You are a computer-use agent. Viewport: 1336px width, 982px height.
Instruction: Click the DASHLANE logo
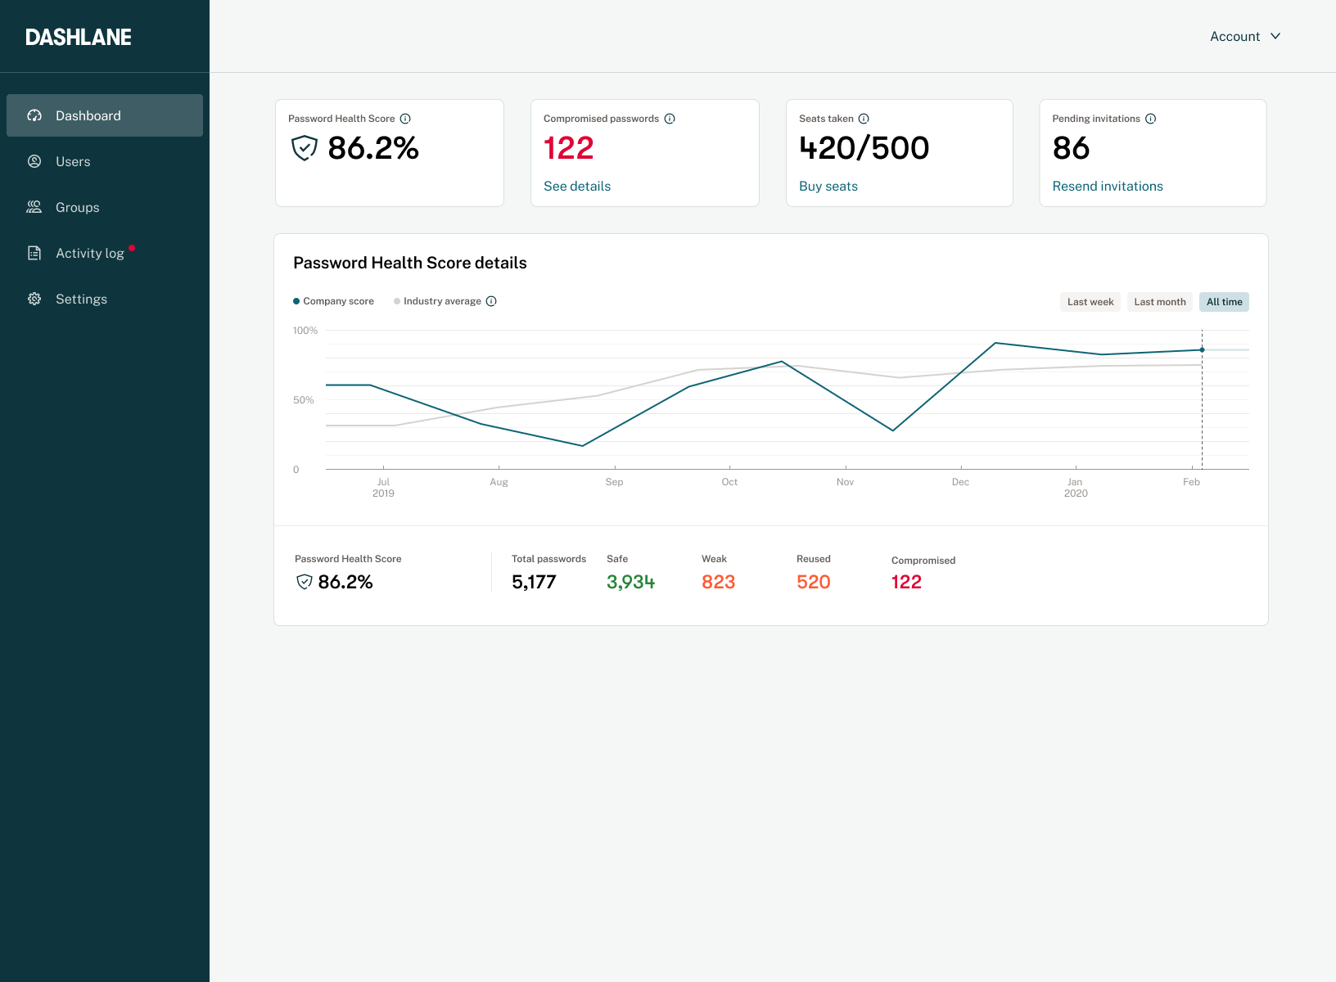[x=79, y=37]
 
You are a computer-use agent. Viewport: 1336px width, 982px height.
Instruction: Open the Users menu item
[x=73, y=161]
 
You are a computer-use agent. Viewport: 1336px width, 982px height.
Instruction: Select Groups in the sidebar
[x=77, y=207]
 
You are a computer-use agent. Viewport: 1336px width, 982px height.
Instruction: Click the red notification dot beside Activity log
[x=132, y=248]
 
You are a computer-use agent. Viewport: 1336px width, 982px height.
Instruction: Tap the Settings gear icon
[x=34, y=299]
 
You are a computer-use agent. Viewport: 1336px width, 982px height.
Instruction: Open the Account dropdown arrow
[x=1275, y=36]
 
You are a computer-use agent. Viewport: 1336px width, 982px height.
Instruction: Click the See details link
[x=577, y=186]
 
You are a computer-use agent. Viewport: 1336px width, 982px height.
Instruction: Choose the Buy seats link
[x=828, y=186]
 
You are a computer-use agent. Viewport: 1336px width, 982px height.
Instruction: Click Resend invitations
[x=1108, y=186]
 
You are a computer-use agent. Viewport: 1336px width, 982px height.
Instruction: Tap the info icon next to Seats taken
[x=864, y=119]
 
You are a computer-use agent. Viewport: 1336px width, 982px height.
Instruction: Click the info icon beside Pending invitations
[x=1151, y=119]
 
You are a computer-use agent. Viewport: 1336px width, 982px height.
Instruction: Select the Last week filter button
[x=1090, y=302]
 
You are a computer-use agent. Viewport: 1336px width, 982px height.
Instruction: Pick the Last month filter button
[x=1160, y=302]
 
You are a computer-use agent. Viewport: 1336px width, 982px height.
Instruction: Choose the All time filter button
[x=1224, y=302]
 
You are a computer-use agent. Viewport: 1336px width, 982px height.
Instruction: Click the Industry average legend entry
[x=441, y=301]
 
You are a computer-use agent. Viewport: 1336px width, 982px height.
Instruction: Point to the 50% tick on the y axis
[x=304, y=400]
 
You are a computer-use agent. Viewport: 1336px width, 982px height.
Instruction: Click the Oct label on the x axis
[x=729, y=482]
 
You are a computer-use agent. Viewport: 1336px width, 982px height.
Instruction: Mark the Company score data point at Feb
[x=1202, y=349]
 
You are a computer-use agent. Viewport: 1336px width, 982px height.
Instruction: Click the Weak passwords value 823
[x=718, y=582]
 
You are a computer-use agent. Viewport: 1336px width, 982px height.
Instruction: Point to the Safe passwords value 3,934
[x=630, y=582]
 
